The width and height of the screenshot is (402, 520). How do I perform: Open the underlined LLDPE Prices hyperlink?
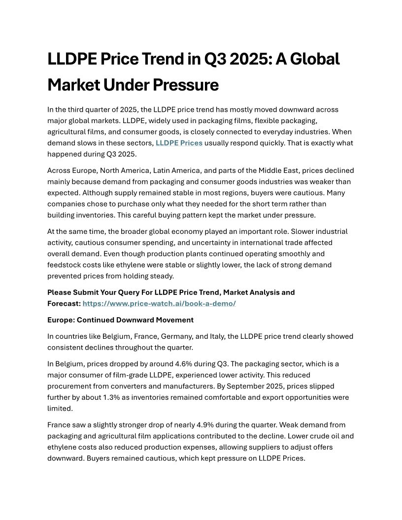pos(179,143)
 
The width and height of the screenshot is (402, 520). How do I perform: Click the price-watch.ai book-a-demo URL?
pos(159,303)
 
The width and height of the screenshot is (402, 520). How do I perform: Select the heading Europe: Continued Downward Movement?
pos(120,320)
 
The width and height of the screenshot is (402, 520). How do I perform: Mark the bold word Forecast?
pos(64,303)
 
